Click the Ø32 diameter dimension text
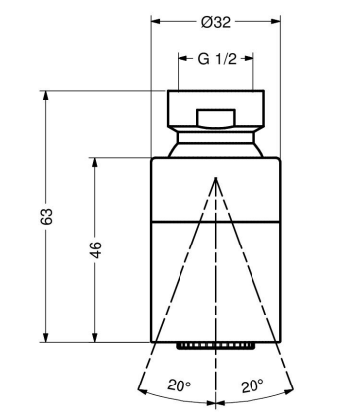[x=216, y=22]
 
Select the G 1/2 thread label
[x=217, y=59]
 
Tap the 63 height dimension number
[x=46, y=216]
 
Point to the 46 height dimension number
[x=96, y=249]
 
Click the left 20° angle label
[x=180, y=385]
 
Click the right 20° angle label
[x=252, y=386]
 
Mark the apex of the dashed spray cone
[x=216, y=178]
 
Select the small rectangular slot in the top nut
[x=216, y=118]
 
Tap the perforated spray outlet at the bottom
[x=216, y=346]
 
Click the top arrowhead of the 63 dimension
[x=46, y=95]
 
